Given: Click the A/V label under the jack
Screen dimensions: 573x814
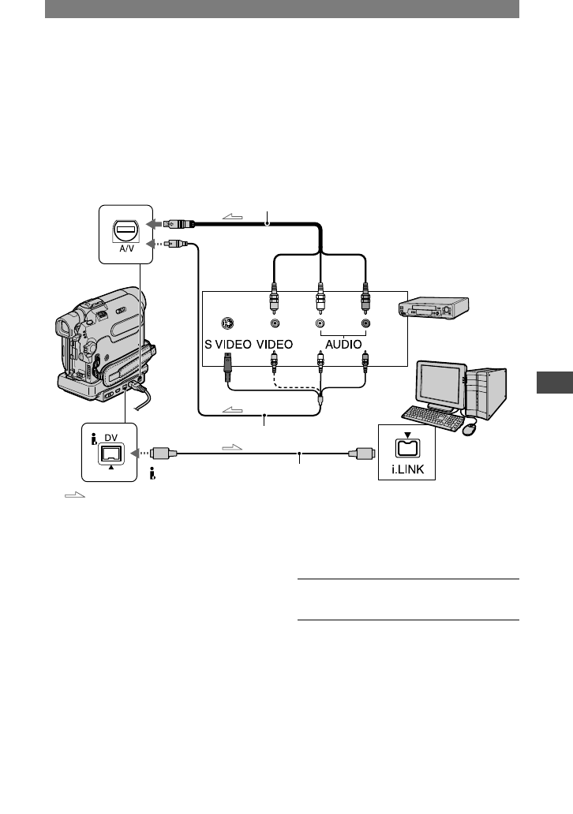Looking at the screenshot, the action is (x=125, y=249).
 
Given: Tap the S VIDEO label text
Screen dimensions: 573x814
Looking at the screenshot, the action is (x=227, y=344).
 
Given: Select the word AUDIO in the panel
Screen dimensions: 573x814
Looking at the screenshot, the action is (x=343, y=344).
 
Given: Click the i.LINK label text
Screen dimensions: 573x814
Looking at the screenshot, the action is (x=408, y=469).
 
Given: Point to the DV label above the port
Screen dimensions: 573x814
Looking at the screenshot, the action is (x=110, y=438).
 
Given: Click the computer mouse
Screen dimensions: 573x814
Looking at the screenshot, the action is (x=469, y=429).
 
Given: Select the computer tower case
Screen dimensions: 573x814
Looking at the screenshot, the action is (x=486, y=393).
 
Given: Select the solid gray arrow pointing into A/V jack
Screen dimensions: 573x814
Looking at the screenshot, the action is (x=152, y=224).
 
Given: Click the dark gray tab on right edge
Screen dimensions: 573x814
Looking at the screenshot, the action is (x=555, y=383).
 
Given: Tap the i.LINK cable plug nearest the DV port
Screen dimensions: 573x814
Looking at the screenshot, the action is (x=163, y=454).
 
